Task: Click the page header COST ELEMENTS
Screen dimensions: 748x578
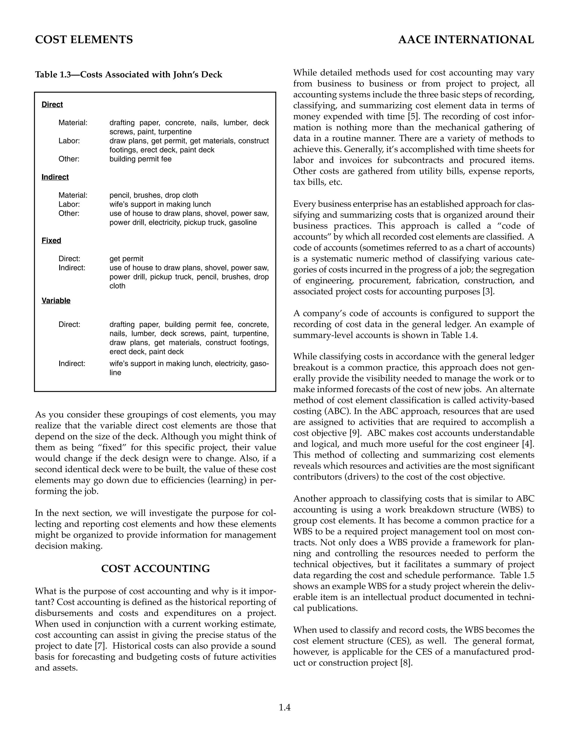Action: click(84, 40)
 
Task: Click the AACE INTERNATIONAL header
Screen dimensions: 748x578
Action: click(466, 40)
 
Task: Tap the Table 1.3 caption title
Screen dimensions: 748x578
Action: click(128, 75)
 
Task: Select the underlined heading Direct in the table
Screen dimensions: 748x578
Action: click(52, 104)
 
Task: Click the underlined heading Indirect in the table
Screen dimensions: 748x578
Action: click(55, 177)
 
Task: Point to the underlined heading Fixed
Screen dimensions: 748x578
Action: click(51, 240)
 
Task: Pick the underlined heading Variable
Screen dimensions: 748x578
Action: click(56, 301)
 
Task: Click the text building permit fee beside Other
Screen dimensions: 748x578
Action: click(140, 159)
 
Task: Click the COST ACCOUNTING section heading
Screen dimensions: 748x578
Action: click(156, 569)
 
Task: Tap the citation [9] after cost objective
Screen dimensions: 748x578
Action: click(354, 433)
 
